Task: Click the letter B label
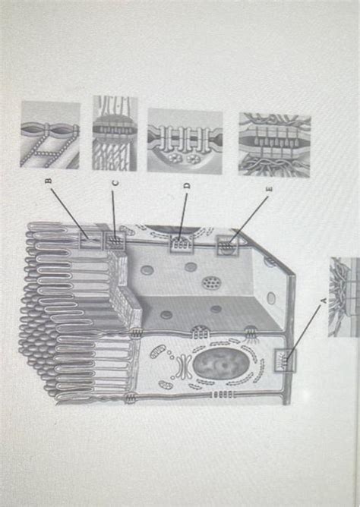coord(48,182)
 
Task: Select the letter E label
coord(267,186)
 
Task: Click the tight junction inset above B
coord(49,135)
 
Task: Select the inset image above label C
coord(115,133)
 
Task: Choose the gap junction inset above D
coord(185,140)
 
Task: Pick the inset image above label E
coord(274,143)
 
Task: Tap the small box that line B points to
coord(90,241)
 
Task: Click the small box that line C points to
coord(116,241)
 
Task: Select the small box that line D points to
coord(181,245)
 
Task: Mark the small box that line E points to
coord(227,246)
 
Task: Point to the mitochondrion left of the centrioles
coord(156,355)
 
